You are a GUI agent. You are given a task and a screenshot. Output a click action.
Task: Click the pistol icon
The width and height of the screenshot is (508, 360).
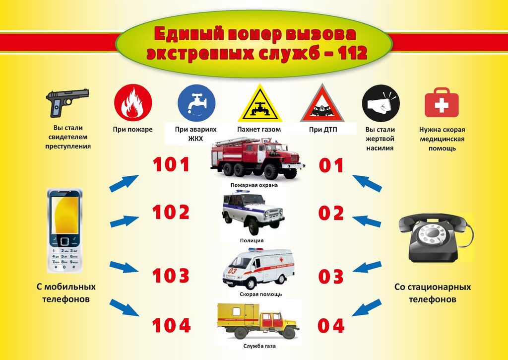(x=67, y=102)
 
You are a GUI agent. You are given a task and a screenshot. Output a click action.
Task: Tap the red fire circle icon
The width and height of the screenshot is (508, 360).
(x=133, y=103)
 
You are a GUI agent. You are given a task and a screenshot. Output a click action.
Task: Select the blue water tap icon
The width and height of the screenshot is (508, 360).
(x=196, y=103)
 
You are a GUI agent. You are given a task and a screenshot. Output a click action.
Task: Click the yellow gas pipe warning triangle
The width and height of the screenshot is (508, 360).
(x=260, y=103)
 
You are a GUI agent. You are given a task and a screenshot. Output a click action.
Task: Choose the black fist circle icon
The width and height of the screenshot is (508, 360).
(x=381, y=103)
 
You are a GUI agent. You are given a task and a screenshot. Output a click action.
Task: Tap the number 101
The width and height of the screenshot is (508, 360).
(x=171, y=164)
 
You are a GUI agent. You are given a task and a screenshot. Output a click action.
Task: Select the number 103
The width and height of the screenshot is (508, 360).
(x=171, y=276)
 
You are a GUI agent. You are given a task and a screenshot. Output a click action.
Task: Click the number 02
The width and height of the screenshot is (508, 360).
(x=331, y=213)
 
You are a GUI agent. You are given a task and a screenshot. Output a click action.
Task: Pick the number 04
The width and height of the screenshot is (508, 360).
(x=331, y=325)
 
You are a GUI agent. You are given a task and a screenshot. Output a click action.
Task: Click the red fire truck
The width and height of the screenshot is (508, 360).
(x=257, y=158)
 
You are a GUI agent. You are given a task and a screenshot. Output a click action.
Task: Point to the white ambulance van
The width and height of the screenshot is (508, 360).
(x=258, y=268)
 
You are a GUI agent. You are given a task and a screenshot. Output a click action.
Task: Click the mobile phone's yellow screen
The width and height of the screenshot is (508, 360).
(x=64, y=215)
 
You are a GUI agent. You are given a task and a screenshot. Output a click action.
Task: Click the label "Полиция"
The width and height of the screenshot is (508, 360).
(x=252, y=241)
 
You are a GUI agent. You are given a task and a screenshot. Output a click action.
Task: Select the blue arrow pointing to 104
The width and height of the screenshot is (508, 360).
(x=124, y=307)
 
